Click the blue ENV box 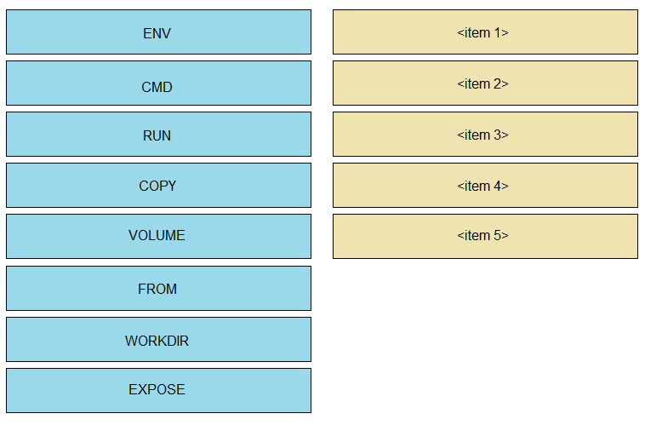(x=158, y=32)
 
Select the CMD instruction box (x=158, y=83)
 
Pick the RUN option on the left (x=158, y=135)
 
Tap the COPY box (x=158, y=186)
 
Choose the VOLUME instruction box (x=158, y=237)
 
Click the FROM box (x=158, y=288)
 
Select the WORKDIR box (x=158, y=339)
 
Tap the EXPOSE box (x=158, y=390)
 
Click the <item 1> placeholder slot (x=485, y=32)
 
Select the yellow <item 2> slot (x=485, y=83)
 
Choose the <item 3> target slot (x=485, y=135)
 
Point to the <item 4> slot (x=485, y=186)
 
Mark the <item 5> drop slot (x=485, y=237)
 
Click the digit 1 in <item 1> (x=497, y=32)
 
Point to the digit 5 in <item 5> (x=497, y=235)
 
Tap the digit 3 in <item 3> (x=497, y=135)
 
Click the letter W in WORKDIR (x=131, y=341)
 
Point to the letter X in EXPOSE (x=141, y=389)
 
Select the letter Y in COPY (x=172, y=187)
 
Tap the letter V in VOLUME (x=133, y=236)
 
